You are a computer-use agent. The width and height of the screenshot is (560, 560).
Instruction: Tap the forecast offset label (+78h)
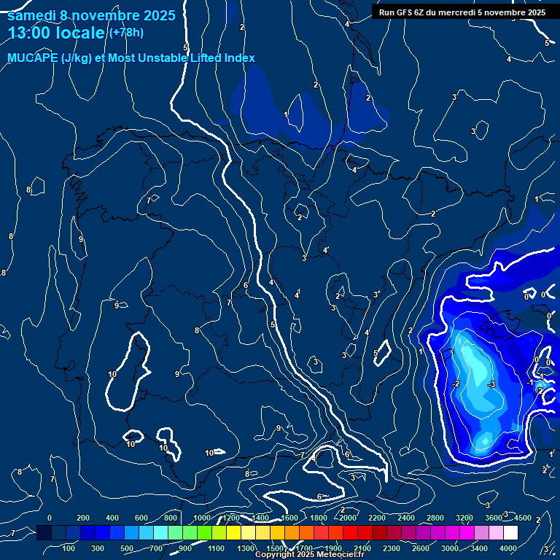(x=125, y=33)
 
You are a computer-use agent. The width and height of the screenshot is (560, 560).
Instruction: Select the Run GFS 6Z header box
(x=462, y=12)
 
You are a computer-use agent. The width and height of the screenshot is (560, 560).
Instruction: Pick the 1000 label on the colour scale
(x=201, y=518)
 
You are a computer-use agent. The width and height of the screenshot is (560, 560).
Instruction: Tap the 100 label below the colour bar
(x=69, y=548)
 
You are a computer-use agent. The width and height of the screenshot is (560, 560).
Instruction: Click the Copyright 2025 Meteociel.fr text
(x=310, y=555)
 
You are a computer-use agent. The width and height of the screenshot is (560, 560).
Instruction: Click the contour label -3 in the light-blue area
(x=491, y=384)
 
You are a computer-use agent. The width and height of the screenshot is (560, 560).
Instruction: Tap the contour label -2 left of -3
(x=455, y=384)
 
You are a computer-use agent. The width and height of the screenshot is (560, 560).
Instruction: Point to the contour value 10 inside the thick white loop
(x=112, y=374)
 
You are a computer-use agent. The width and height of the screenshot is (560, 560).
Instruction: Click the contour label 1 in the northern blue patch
(x=285, y=114)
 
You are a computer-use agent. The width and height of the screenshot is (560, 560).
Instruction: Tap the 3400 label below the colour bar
(x=479, y=548)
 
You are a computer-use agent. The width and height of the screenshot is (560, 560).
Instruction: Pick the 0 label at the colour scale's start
(x=50, y=518)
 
